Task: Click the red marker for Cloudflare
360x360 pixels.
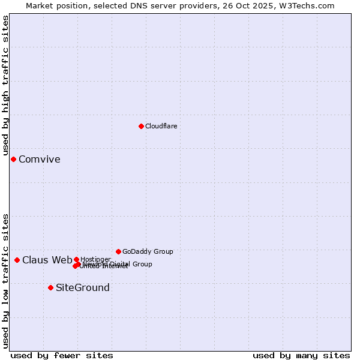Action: coord(141,126)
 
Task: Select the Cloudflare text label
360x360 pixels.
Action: coord(161,126)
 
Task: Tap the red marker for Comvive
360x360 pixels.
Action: coord(13,159)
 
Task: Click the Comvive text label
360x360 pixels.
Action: coord(39,159)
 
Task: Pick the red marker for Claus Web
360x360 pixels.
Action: coord(17,260)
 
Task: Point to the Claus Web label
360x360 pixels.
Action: coord(47,260)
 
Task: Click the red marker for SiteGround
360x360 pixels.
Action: coord(50,287)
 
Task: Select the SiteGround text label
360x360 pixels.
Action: coord(82,287)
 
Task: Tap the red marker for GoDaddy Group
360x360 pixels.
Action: coord(118,251)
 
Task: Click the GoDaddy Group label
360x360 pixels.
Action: coord(147,251)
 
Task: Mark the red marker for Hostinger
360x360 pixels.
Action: coord(76,259)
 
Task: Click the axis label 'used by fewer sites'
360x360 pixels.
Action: coord(62,355)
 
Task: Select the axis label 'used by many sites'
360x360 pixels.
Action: coord(301,355)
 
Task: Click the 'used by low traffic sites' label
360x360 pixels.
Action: coord(5,281)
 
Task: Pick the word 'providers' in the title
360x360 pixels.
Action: coord(208,5)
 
